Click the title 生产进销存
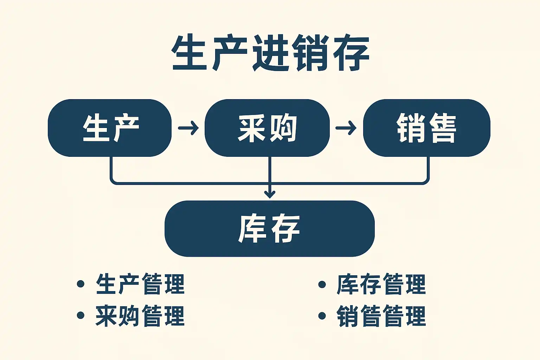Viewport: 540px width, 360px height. point(270,53)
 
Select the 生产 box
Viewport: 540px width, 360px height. point(110,128)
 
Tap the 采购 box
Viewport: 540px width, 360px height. point(267,128)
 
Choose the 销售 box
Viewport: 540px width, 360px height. point(427,128)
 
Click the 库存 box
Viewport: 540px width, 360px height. point(270,229)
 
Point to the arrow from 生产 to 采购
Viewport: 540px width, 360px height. point(188,128)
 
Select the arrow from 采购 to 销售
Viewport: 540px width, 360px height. point(346,128)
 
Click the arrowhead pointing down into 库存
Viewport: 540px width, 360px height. point(270,194)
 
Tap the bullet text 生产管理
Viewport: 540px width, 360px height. point(140,284)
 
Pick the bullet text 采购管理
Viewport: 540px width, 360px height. point(140,316)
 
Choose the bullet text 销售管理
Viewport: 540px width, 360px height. point(381,316)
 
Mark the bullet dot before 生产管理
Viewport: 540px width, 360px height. point(81,284)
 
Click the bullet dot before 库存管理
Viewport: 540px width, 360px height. point(322,284)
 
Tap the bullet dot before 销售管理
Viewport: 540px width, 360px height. point(322,316)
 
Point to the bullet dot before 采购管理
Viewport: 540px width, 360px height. point(81,315)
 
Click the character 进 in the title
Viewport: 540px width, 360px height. point(270,53)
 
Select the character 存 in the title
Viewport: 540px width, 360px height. point(351,53)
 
